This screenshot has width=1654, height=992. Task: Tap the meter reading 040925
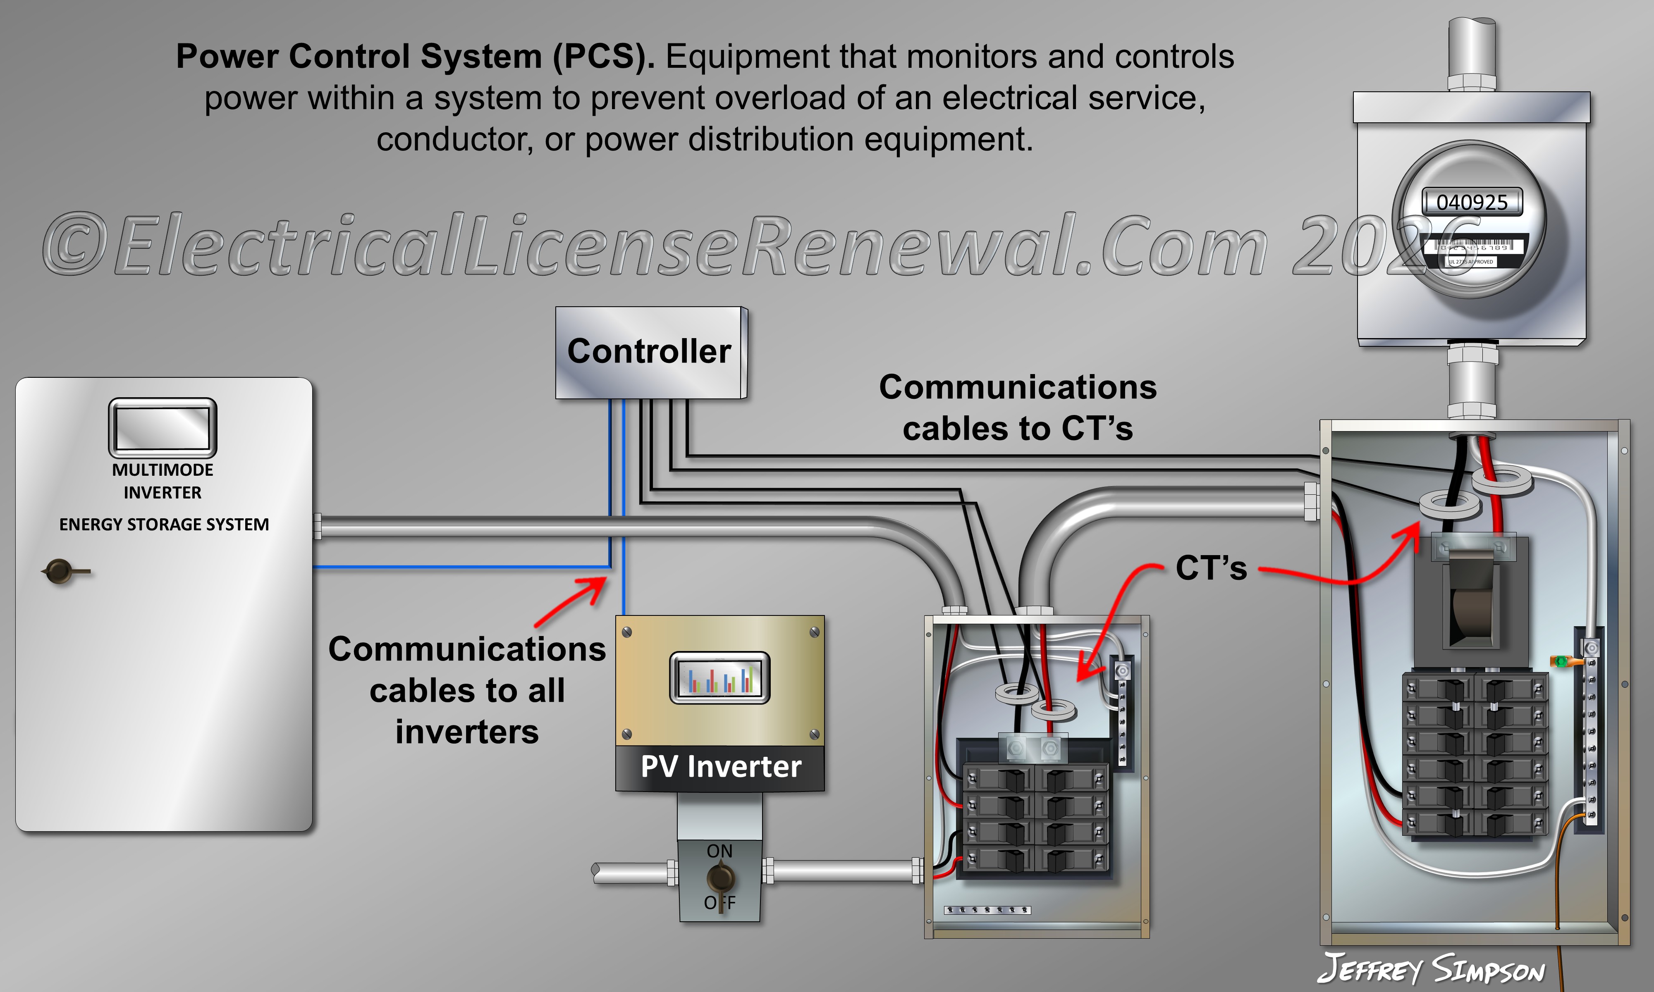1472,202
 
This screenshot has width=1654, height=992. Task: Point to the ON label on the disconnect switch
719,851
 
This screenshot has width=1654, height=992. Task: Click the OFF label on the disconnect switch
719,903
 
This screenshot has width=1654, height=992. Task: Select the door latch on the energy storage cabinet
60,572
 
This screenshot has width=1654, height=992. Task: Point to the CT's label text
1211,568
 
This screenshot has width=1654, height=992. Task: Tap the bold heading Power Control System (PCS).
414,56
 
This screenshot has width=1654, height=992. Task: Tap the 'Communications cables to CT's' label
1018,408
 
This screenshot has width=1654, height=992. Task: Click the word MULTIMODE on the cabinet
163,470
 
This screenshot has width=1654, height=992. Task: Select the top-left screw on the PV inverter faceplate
627,632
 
